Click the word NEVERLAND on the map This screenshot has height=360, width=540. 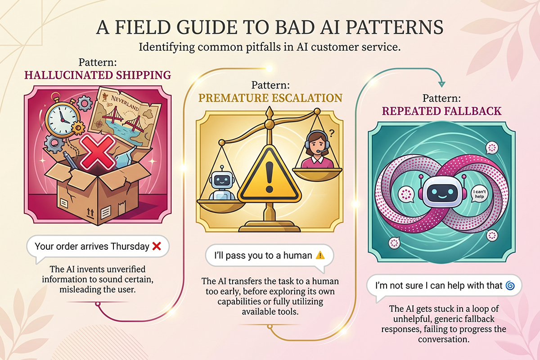point(125,103)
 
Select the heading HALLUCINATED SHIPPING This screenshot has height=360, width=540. point(98,75)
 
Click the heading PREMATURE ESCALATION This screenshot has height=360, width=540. point(270,98)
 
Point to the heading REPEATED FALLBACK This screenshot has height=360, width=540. point(441,111)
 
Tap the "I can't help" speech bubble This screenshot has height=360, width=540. point(479,194)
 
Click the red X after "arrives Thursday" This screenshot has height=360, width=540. point(157,247)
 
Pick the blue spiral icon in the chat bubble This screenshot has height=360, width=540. point(510,286)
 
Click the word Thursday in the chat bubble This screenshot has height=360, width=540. point(130,247)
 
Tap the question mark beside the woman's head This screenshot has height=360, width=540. point(332,133)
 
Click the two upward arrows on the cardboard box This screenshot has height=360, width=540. point(90,212)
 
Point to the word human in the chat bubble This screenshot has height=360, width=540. point(297,256)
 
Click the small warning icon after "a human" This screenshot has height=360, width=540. point(320,255)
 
